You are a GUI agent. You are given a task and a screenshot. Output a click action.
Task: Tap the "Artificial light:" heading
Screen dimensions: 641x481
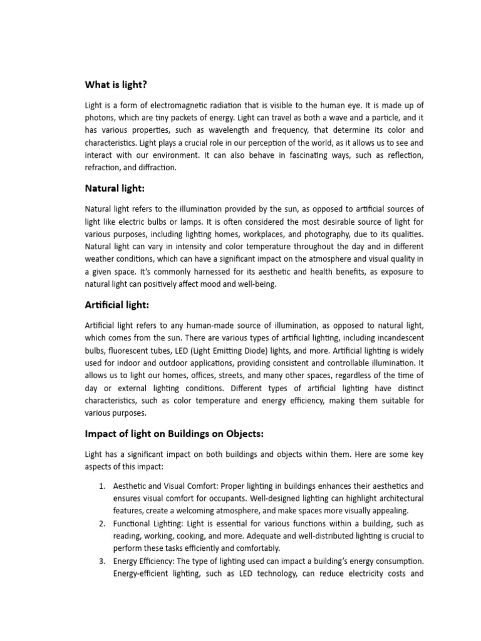tap(117, 305)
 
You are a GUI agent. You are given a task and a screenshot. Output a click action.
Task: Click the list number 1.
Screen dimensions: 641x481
tap(102, 486)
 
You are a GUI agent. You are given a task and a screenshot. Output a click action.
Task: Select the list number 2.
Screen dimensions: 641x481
tap(102, 523)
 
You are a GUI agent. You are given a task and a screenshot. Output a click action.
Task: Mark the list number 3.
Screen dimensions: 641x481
tap(102, 561)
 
